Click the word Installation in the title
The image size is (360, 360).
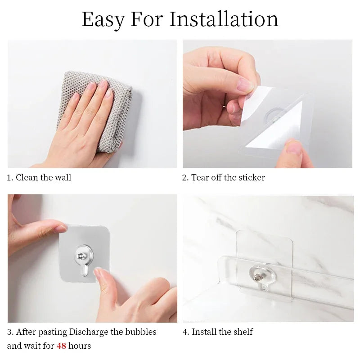pos(224,19)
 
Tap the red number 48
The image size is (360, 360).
pos(62,346)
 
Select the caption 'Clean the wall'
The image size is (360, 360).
pos(43,177)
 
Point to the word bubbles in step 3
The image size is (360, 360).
pos(141,332)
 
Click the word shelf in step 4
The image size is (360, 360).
pos(243,332)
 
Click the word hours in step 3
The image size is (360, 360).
pos(80,346)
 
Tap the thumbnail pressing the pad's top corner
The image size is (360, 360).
pos(61,229)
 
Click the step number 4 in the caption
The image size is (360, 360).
pos(185,332)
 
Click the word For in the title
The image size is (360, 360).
pos(147,19)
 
